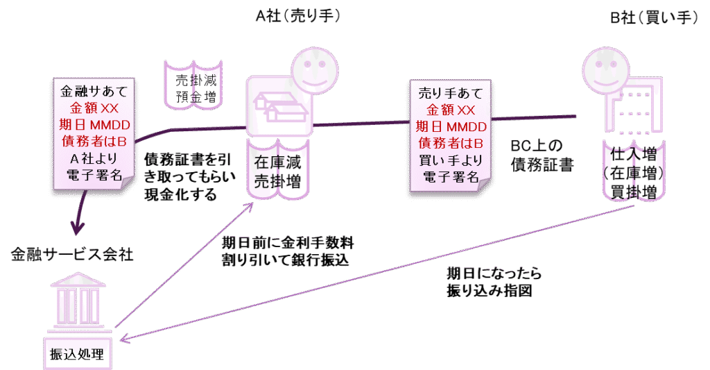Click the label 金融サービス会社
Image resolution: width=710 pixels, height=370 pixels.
point(72,254)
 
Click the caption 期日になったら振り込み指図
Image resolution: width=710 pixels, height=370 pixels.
point(493,282)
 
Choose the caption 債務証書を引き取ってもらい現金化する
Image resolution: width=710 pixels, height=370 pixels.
point(184,177)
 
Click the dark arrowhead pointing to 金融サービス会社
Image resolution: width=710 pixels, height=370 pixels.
point(76,228)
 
